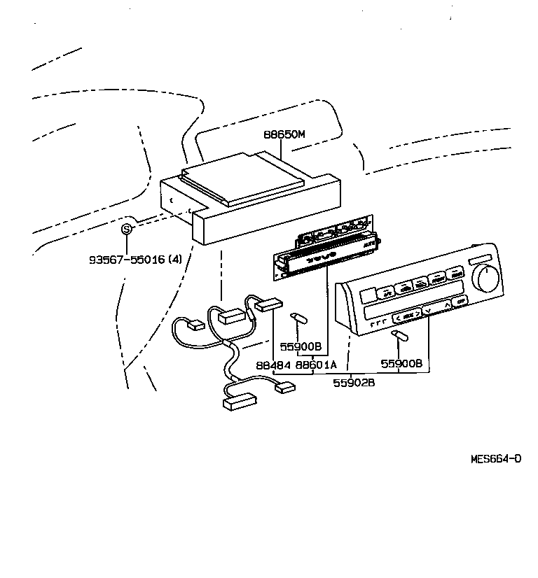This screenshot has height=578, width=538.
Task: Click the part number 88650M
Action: pos(284,135)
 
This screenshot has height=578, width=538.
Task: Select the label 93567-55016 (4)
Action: pos(135,259)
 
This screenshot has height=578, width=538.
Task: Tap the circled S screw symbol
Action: pos(127,229)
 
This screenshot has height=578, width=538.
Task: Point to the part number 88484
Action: pos(271,365)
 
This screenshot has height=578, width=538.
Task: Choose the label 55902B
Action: pos(353,383)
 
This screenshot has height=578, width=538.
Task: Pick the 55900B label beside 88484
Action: pos(301,346)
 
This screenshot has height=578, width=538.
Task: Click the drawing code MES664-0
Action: pos(495,460)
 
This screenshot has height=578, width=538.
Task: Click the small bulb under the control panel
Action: pos(401,338)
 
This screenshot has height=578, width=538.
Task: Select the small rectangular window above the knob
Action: pos(481,259)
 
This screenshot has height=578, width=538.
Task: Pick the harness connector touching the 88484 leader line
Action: pos(269,304)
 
